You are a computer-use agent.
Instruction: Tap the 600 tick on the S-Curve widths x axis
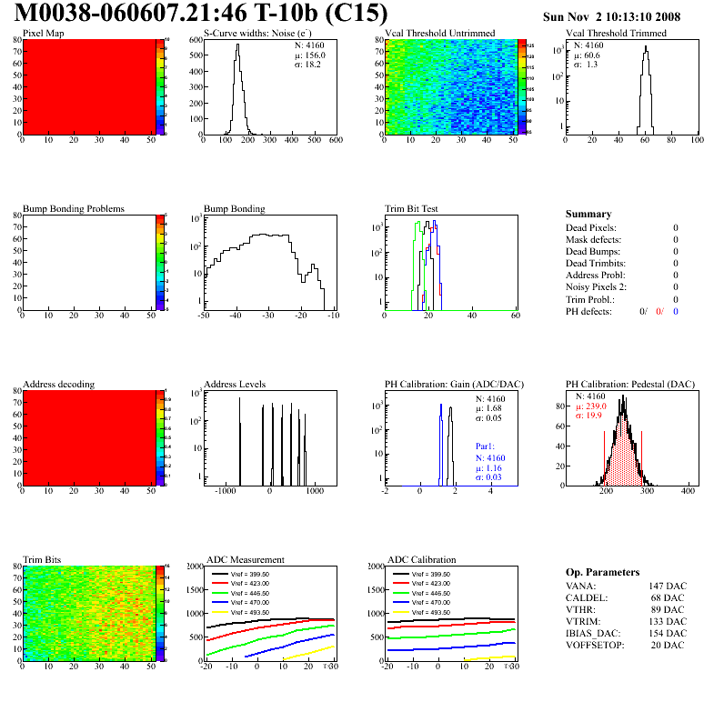tap(335, 140)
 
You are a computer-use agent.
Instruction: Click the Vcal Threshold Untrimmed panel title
tap(439, 34)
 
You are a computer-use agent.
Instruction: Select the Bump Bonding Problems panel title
tap(73, 209)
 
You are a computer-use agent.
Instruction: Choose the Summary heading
tap(588, 214)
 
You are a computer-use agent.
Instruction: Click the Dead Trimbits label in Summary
tap(596, 263)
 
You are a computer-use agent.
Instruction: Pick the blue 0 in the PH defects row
tap(676, 311)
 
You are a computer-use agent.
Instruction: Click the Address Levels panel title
tap(235, 385)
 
